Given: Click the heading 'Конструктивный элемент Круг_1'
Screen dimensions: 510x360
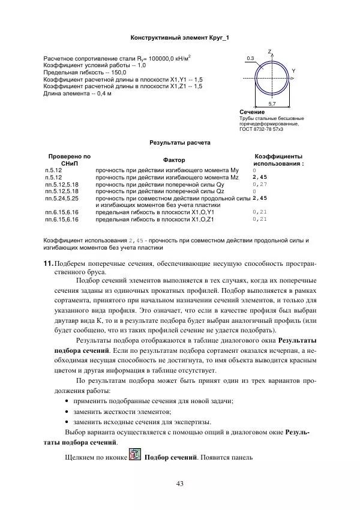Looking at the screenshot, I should point(179,37).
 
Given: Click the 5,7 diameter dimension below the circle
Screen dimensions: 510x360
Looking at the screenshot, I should point(272,104).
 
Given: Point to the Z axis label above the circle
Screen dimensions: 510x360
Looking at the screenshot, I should point(270,52).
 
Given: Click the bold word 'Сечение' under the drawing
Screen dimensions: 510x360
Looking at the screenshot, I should point(251,112).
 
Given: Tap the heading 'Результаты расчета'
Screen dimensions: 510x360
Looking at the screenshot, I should point(179,144).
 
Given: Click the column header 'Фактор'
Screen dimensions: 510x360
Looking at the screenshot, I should point(174,160).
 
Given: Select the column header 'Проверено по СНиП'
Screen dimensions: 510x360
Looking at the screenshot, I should point(66,159).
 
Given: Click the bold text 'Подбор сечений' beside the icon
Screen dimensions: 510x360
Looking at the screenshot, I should point(172,459).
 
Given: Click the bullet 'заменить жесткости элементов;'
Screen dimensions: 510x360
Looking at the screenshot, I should point(122,411).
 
